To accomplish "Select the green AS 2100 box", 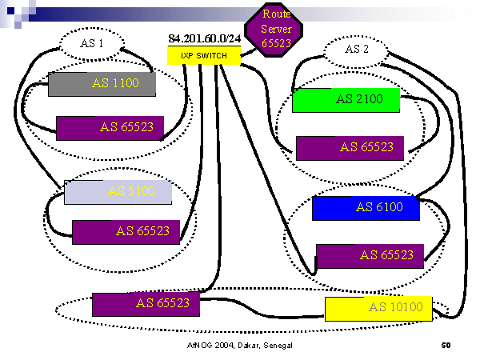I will (345, 100).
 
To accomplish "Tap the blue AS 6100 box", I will (366, 208).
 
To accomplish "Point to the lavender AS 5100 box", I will (110, 192).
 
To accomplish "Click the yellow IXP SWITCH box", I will (204, 55).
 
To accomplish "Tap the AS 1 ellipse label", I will (93, 43).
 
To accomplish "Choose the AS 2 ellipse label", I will (356, 49).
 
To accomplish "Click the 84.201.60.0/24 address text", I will (205, 38).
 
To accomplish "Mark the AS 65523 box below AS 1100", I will (110, 127).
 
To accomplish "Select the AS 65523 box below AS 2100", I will (350, 147).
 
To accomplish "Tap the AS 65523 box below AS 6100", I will (370, 255).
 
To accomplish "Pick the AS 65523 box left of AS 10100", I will (146, 304).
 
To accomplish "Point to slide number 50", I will (446, 346).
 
